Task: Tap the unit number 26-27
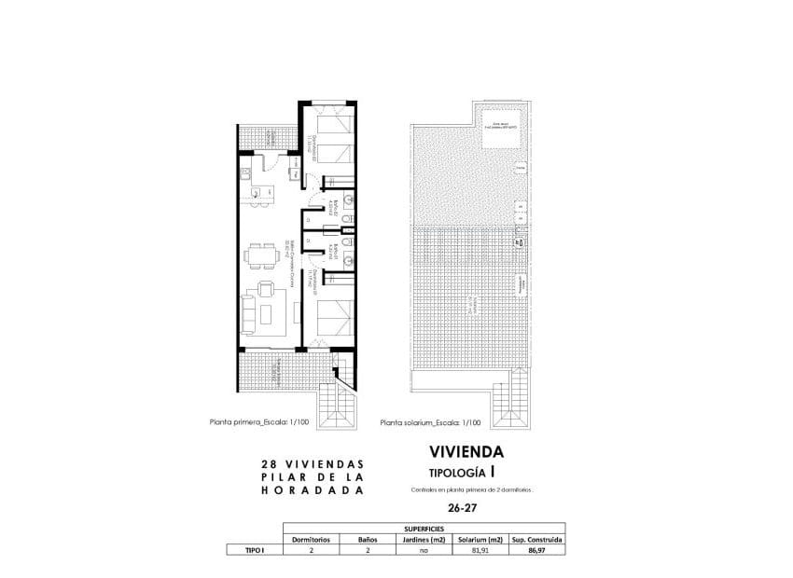[x=460, y=508]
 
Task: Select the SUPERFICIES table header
[x=424, y=528]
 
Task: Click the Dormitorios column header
[x=312, y=539]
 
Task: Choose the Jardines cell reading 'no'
[x=423, y=551]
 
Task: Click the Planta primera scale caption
[x=271, y=422]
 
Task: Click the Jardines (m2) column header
[x=423, y=539]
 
